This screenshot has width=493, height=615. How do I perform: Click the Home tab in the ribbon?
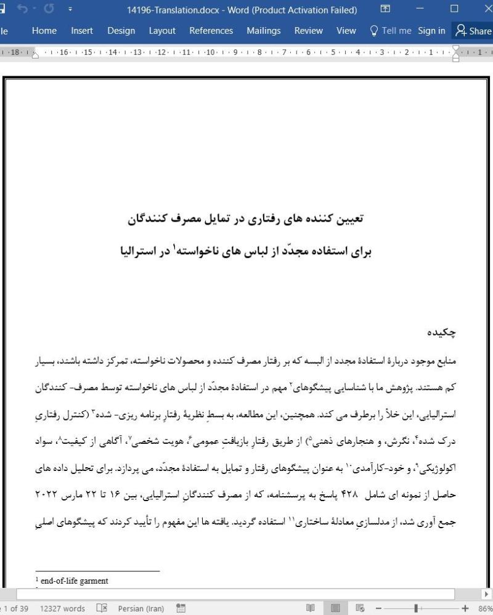click(44, 31)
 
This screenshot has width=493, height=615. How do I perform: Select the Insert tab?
click(82, 31)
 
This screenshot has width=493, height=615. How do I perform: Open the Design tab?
click(121, 31)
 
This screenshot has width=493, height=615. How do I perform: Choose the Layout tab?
click(162, 31)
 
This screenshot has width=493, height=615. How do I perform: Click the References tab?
click(211, 31)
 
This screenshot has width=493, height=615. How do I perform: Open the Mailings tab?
click(263, 31)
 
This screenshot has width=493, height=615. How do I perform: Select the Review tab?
click(308, 31)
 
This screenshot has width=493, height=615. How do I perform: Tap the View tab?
click(346, 31)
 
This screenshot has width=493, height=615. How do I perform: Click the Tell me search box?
click(390, 31)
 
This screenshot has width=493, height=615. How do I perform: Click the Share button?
click(473, 31)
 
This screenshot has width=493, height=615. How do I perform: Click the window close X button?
click(484, 10)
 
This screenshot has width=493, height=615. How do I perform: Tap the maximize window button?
click(454, 10)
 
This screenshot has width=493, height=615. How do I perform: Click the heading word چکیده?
click(442, 332)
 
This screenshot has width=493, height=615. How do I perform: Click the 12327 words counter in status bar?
click(62, 608)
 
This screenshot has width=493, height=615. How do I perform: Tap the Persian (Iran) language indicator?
click(141, 608)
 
